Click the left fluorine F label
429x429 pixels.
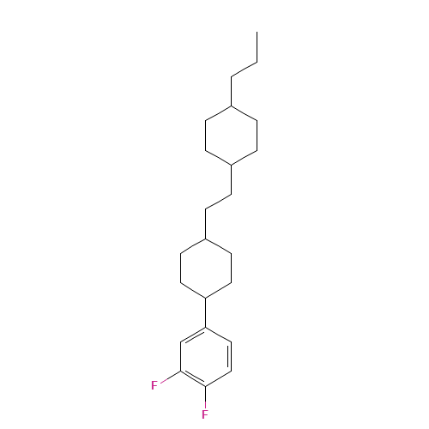tap(154, 385)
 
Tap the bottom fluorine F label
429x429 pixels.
tap(205, 414)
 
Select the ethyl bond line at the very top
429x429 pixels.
tap(244, 69)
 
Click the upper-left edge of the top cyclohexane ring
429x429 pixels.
tap(218, 114)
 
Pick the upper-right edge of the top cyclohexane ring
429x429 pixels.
tap(245, 114)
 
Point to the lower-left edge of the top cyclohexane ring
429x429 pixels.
tap(218, 158)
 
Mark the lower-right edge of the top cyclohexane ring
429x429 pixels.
tap(245, 158)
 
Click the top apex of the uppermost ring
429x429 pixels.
tap(232, 106)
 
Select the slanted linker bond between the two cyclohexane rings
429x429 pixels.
tap(218, 202)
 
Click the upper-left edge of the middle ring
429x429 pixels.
tap(193, 246)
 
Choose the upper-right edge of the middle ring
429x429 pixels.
tap(218, 246)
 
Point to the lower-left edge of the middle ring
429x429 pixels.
tap(193, 290)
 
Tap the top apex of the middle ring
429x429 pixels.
tap(205, 239)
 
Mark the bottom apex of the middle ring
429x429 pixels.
tap(205, 298)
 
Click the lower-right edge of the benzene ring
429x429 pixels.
tap(219, 378)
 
